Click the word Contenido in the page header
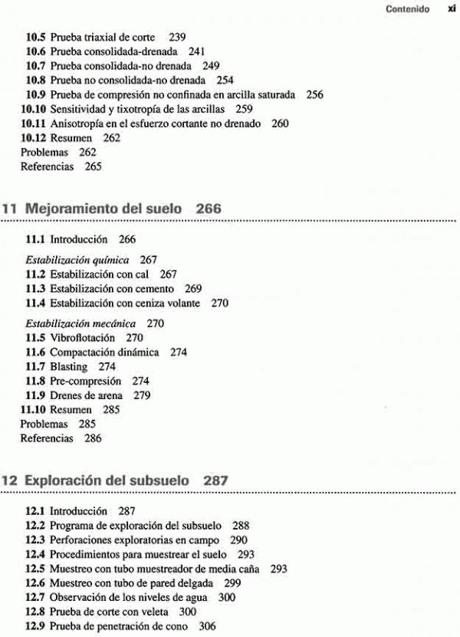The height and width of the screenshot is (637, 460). pos(407,11)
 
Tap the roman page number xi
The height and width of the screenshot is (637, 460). pos(451,11)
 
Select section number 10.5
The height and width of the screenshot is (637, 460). pos(36,38)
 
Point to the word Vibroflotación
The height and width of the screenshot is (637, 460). pos(82,338)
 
